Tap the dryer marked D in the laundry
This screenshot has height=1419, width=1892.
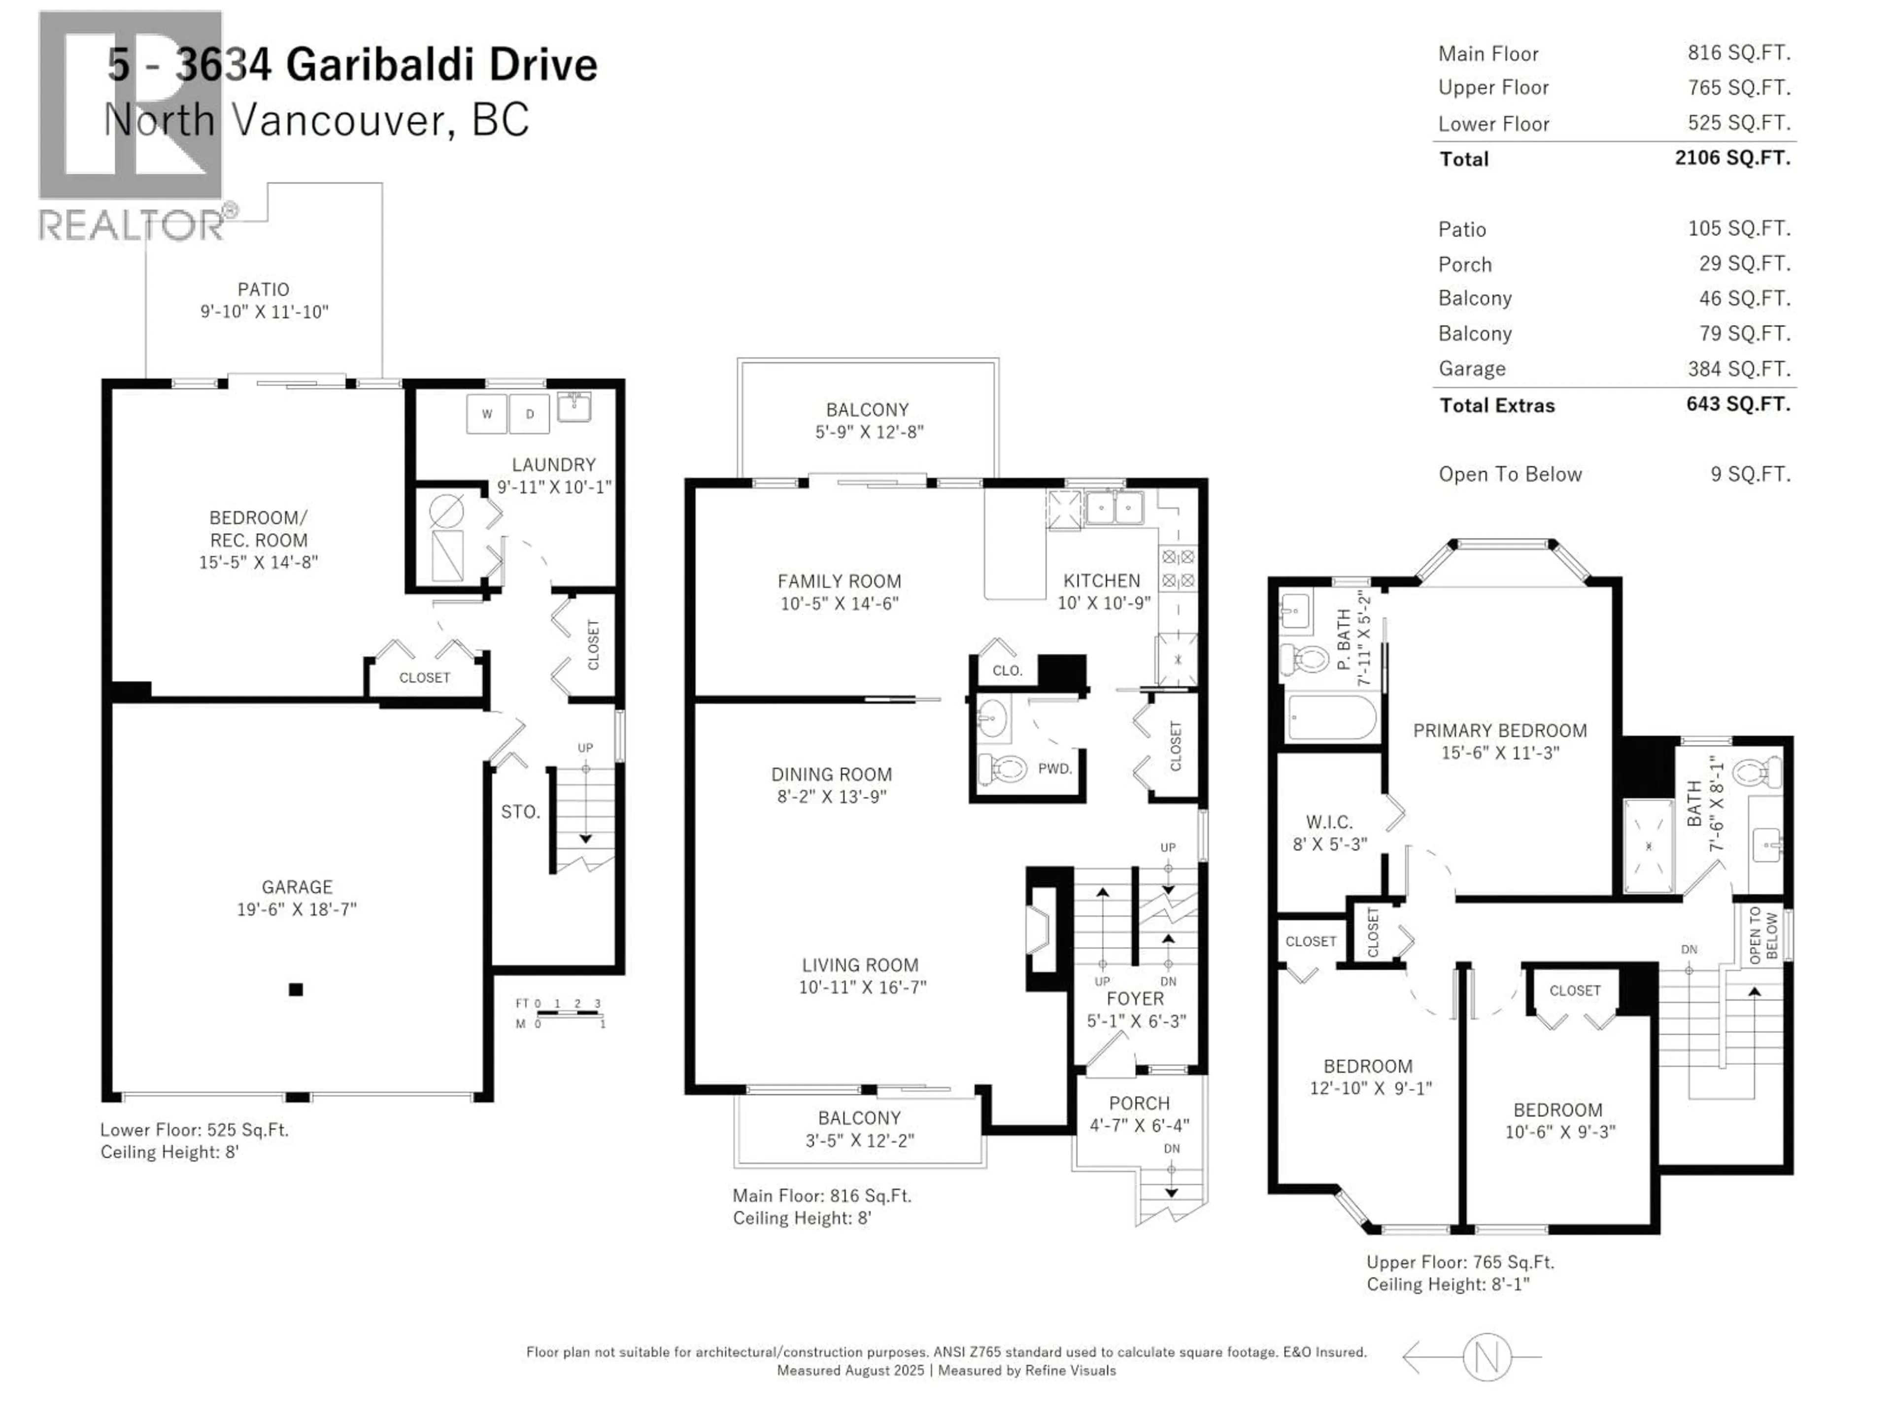pyautogui.click(x=530, y=414)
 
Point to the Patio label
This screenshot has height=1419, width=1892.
pyautogui.click(x=264, y=290)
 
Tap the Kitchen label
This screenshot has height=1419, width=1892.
pyautogui.click(x=1102, y=581)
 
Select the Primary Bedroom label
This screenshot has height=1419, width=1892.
pyautogui.click(x=1499, y=731)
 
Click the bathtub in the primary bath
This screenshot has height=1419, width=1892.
pyautogui.click(x=1331, y=717)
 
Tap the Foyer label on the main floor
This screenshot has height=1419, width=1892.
pyautogui.click(x=1135, y=999)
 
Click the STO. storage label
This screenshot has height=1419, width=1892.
pyautogui.click(x=520, y=811)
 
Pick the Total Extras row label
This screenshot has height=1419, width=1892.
pyautogui.click(x=1497, y=405)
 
